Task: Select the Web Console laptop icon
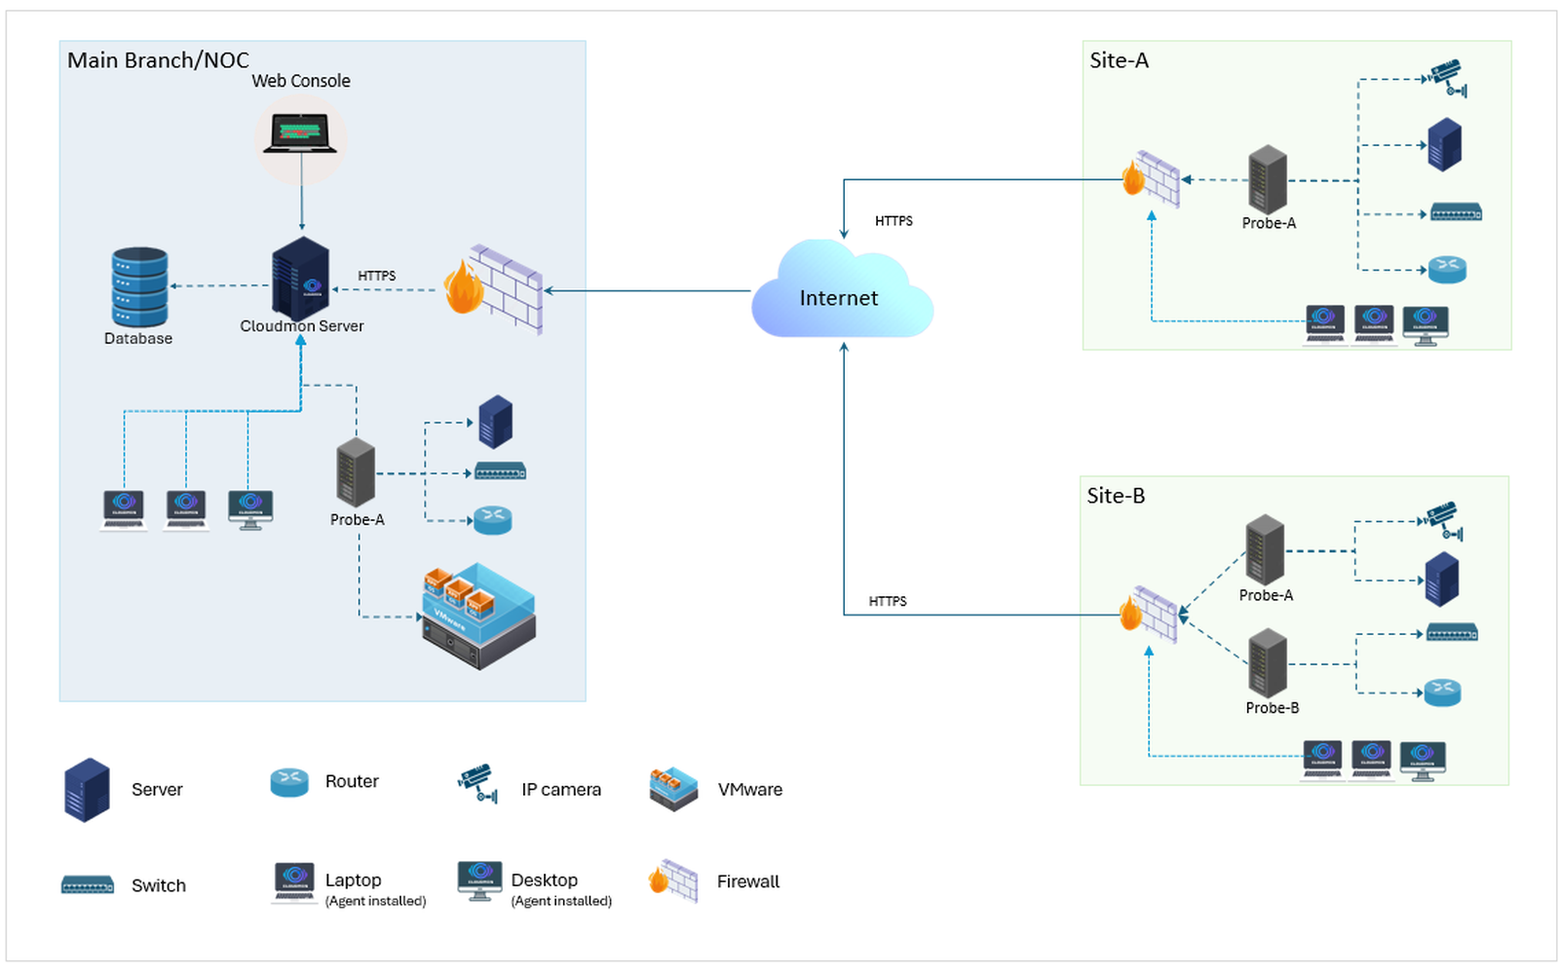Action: tap(300, 132)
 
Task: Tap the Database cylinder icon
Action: tap(139, 286)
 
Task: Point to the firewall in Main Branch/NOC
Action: tap(493, 288)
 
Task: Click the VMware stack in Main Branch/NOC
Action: tap(478, 617)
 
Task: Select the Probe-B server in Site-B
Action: tap(1268, 663)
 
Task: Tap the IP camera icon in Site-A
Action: tap(1447, 79)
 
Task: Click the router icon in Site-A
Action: tap(1447, 269)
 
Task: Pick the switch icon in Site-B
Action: tap(1452, 632)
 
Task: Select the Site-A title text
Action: tap(1120, 60)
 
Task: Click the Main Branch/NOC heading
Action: tap(158, 60)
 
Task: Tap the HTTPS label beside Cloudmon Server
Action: tap(376, 276)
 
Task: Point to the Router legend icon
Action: tap(289, 783)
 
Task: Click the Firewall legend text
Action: tap(748, 881)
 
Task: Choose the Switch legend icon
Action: tap(88, 885)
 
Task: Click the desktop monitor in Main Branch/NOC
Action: tap(250, 510)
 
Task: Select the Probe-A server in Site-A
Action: tap(1268, 179)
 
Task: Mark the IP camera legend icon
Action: tap(478, 783)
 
